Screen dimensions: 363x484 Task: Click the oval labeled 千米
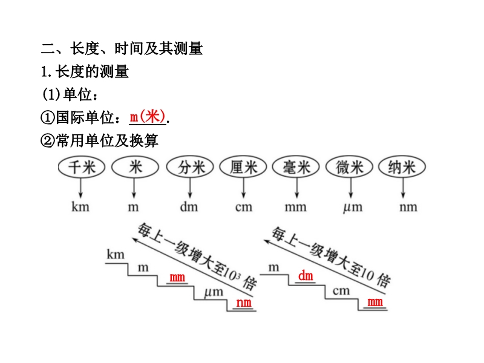81,168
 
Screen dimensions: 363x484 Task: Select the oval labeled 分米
189,168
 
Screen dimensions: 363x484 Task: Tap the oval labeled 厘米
243,168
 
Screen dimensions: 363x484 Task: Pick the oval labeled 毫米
296,168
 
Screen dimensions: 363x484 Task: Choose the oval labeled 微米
350,168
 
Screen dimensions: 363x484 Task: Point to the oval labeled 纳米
402,168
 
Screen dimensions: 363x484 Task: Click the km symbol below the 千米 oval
80,207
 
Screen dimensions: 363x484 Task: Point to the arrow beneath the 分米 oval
189,188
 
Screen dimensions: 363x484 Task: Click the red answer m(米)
148,116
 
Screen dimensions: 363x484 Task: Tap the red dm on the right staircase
306,276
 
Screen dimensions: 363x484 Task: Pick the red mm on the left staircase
177,278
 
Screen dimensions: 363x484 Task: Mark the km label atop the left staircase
116,255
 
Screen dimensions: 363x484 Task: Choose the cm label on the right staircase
341,291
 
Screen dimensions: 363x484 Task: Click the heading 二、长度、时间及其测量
121,48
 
